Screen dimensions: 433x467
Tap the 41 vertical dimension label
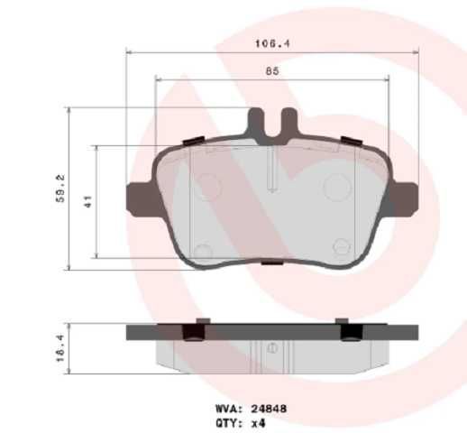pyautogui.click(x=87, y=201)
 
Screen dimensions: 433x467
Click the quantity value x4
pyautogui.click(x=260, y=421)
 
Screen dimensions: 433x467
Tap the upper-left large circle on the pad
pyautogui.click(x=208, y=188)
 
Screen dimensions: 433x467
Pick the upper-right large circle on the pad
pyautogui.click(x=336, y=188)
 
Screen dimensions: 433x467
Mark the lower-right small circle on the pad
pyautogui.click(x=341, y=246)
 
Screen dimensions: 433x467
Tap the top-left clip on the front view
pyautogui.click(x=192, y=141)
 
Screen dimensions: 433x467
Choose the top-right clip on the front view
pyautogui.click(x=351, y=141)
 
